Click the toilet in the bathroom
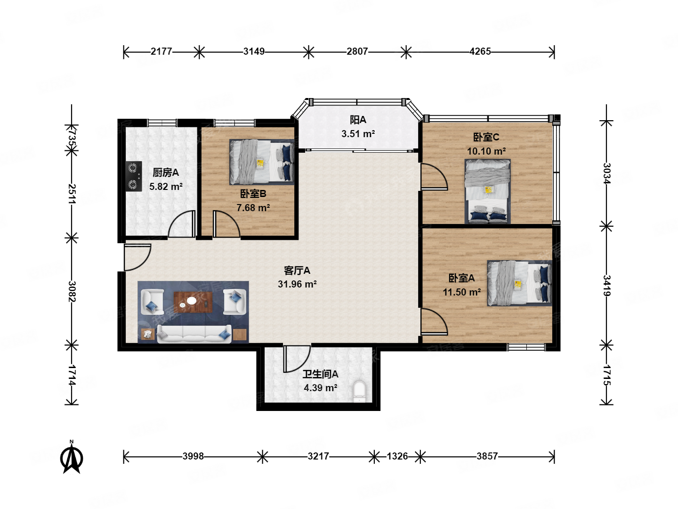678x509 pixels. coord(359,391)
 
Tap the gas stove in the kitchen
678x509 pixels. coord(133,176)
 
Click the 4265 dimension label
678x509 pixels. coord(480,51)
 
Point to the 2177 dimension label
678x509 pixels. coord(161,51)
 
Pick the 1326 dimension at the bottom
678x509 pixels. coord(397,456)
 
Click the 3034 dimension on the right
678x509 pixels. coord(606,173)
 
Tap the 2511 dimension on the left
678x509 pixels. coord(72,194)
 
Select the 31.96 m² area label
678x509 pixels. coord(297,284)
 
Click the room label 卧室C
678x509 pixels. coord(486,137)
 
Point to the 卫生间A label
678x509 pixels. coord(320,374)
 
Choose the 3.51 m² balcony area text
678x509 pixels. coord(358,134)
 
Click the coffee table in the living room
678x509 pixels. coord(193,302)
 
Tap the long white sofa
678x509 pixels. coord(194,334)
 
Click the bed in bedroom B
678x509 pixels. coord(262,162)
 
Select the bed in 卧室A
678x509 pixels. coord(519,283)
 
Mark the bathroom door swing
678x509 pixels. coord(297,359)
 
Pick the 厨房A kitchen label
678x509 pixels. coord(166,172)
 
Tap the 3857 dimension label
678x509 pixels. coord(487,456)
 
